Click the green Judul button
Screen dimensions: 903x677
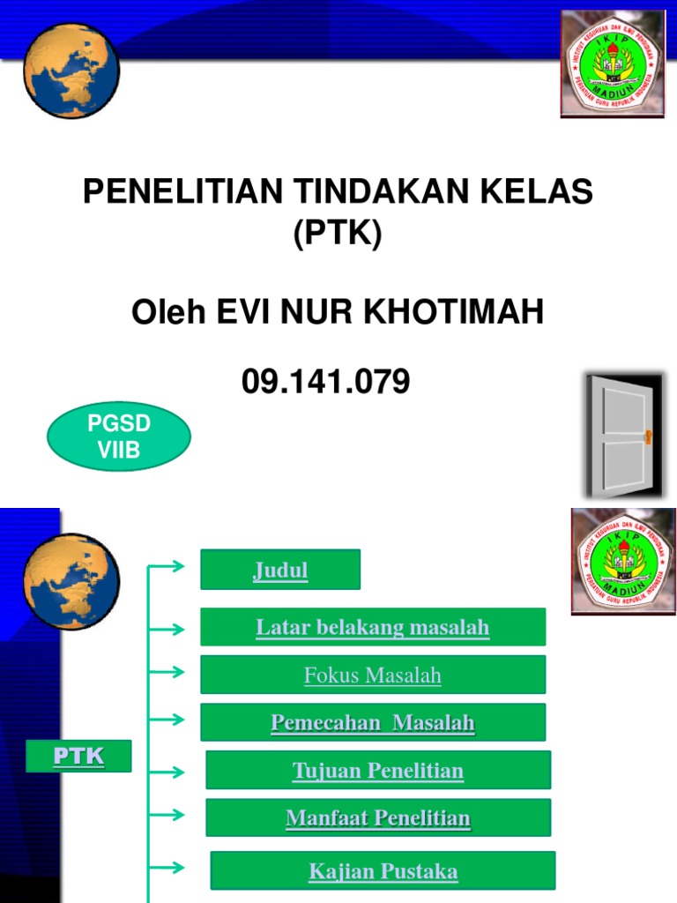coord(280,570)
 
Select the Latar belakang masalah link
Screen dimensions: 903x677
coord(373,627)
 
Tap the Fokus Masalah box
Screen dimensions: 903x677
coord(373,675)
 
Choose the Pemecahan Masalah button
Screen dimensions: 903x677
coord(373,723)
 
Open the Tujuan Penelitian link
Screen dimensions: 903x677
coord(378,771)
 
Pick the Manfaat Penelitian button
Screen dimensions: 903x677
coord(378,818)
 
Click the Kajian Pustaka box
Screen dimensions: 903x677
coord(383,871)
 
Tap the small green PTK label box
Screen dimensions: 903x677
coord(78,756)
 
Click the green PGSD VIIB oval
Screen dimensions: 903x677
coord(119,436)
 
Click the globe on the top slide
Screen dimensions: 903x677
coord(71,71)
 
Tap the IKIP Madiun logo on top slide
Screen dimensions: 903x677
coord(612,63)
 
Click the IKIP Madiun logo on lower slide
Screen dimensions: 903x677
coord(623,562)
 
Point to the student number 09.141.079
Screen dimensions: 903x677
coord(326,382)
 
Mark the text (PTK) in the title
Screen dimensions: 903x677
coord(338,235)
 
